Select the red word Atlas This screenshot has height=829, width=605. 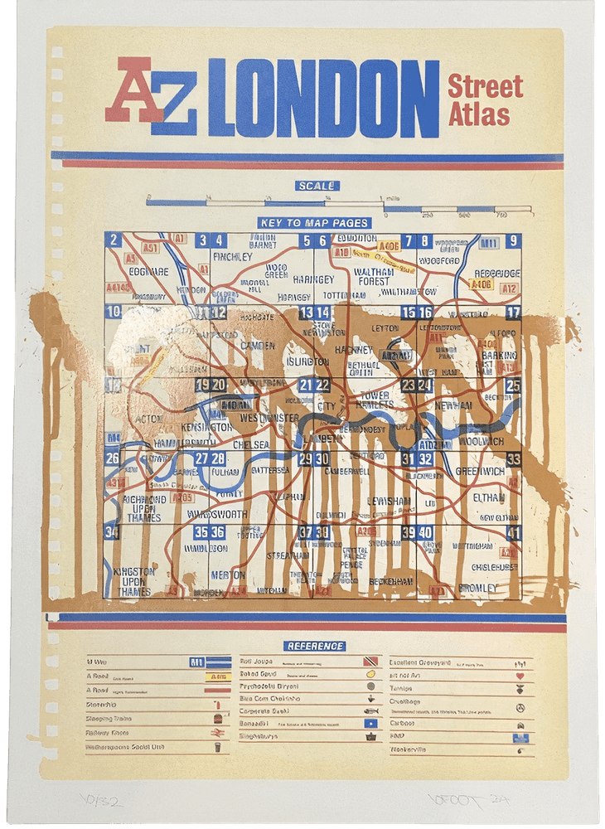point(478,114)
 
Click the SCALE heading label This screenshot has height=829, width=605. point(317,186)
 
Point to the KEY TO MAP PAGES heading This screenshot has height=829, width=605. point(314,222)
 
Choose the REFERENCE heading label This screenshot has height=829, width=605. point(314,646)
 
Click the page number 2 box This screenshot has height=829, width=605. point(114,240)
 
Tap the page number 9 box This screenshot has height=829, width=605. point(514,241)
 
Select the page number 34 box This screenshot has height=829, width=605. point(112,532)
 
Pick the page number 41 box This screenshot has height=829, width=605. point(514,533)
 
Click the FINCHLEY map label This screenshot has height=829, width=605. point(232,257)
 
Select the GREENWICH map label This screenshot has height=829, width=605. point(480,471)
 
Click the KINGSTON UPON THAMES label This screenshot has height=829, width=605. point(133,581)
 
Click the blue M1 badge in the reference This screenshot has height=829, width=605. point(197,662)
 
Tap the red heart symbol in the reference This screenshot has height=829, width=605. point(521,676)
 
